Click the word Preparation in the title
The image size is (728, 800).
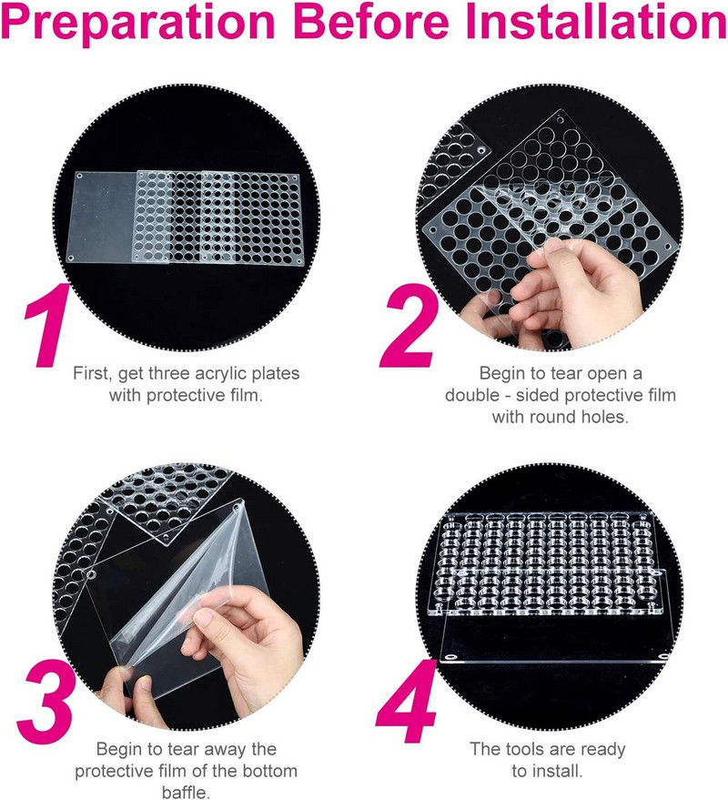tap(137, 24)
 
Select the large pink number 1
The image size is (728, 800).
tap(47, 325)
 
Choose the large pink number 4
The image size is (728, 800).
tap(407, 702)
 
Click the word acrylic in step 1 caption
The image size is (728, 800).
tap(220, 374)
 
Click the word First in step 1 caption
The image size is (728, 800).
tap(92, 373)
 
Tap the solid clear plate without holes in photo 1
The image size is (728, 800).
tap(105, 217)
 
